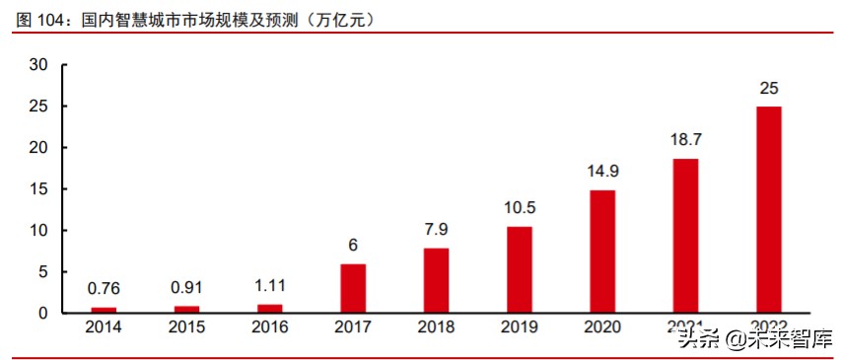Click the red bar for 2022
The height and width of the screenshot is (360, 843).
[768, 209]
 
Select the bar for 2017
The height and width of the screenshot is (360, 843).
[353, 288]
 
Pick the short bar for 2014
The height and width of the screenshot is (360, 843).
[104, 310]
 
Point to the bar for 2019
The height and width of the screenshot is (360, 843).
[519, 269]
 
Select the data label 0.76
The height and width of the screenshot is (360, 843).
[104, 289]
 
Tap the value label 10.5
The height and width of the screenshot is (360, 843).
[519, 209]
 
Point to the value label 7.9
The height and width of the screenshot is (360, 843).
[436, 230]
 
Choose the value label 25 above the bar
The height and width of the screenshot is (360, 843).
[768, 89]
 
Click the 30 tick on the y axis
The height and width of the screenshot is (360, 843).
[39, 65]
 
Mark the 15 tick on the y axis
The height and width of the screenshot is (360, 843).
[39, 189]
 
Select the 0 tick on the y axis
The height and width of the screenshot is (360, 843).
[43, 314]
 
